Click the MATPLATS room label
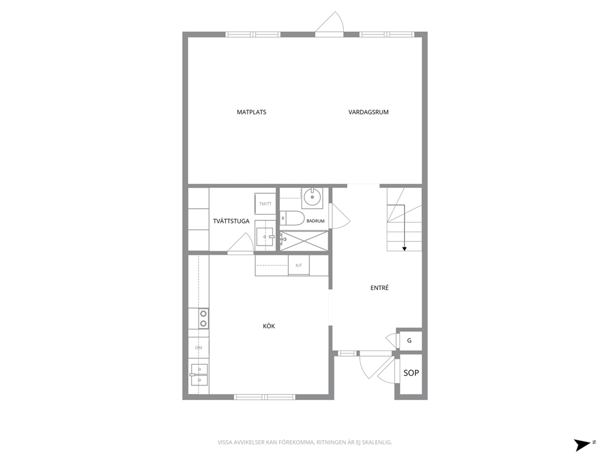252,112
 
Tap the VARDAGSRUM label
368,112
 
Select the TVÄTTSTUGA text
231,221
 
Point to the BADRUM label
315,221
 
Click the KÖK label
269,326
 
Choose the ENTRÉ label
379,288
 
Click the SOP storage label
411,372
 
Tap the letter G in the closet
410,340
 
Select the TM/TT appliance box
265,203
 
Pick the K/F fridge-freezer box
298,265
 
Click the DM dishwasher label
199,347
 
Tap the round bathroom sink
312,197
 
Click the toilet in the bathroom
291,218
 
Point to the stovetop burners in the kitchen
203,318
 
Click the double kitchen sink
199,375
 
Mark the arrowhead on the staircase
404,249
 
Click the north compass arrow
582,444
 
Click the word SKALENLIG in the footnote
378,442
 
